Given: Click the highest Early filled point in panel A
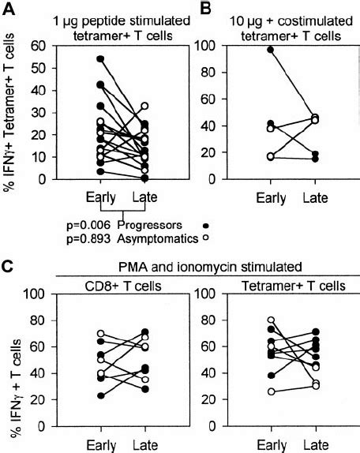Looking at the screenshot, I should click(99, 59).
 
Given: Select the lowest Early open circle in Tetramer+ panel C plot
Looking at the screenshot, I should click(273, 391).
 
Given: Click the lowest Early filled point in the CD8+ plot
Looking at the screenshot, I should click(99, 395).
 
